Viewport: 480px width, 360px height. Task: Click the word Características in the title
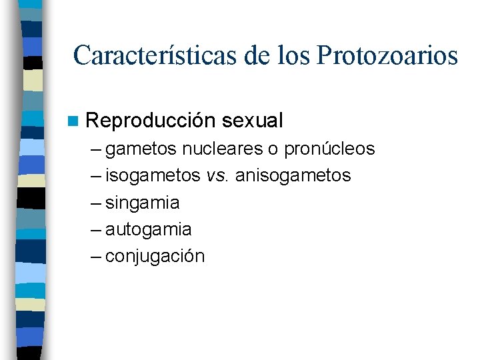(x=156, y=55)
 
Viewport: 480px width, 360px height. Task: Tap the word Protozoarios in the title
(x=387, y=55)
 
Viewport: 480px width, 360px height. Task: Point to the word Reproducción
(x=151, y=121)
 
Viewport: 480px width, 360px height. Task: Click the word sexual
(x=253, y=121)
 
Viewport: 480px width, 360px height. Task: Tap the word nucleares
(x=221, y=149)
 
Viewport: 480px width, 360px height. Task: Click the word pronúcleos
(x=329, y=149)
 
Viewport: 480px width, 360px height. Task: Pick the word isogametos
(x=153, y=175)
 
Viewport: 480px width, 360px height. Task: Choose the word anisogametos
(x=293, y=175)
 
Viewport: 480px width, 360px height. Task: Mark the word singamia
(x=143, y=203)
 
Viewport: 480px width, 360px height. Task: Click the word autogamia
(x=149, y=229)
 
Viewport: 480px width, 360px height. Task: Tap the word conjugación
(x=155, y=257)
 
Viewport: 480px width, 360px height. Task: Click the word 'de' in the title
(x=254, y=55)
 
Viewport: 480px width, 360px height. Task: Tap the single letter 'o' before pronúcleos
(x=273, y=149)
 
